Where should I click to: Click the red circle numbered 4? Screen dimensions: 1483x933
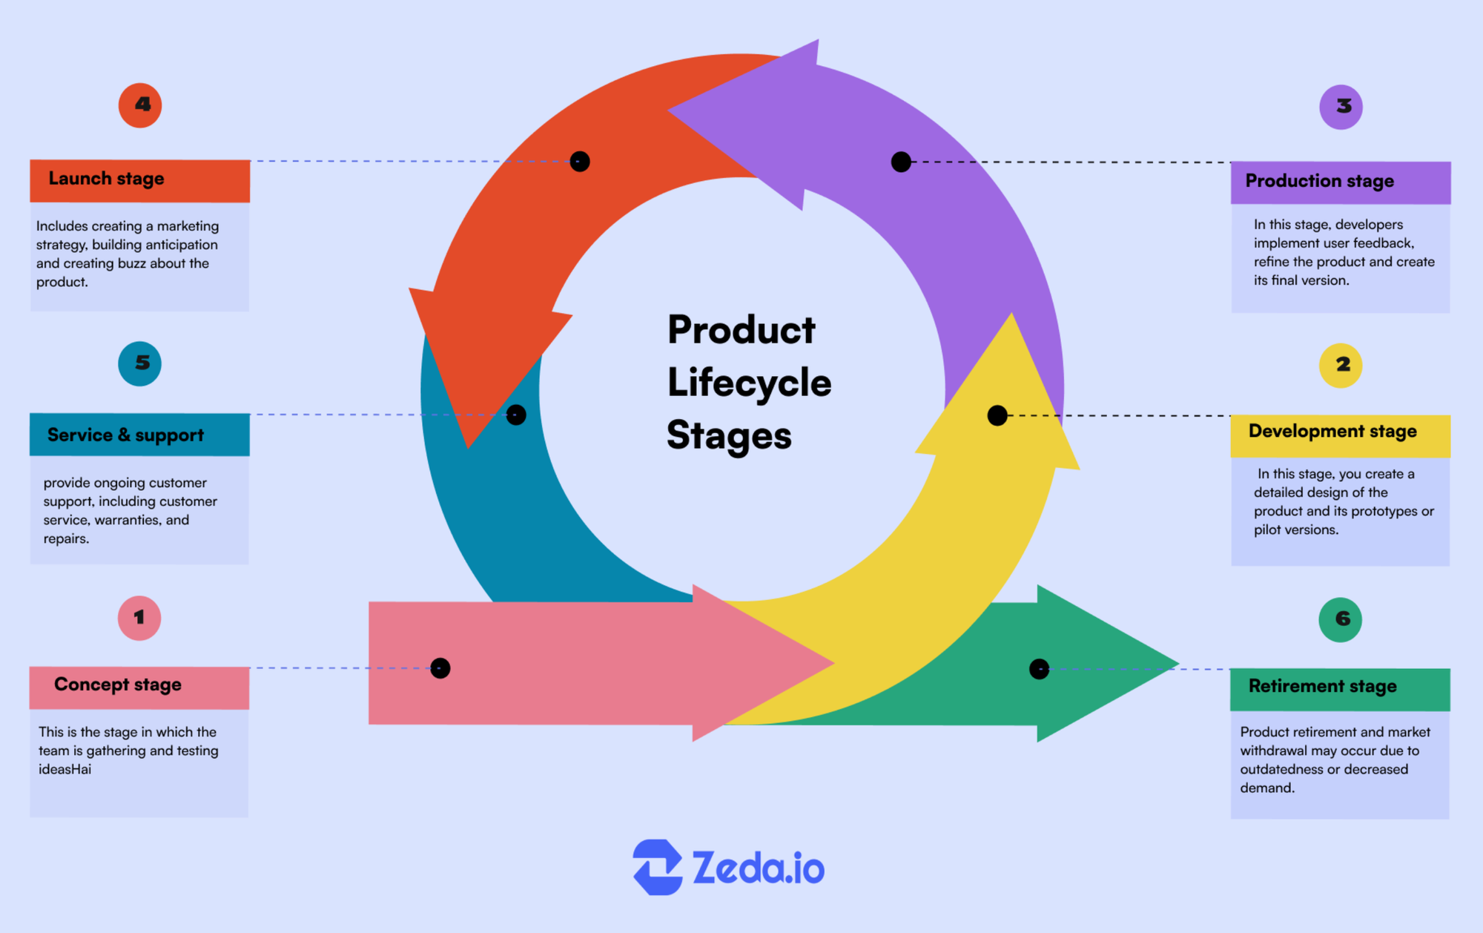click(140, 105)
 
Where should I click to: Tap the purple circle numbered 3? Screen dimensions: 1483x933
click(1341, 107)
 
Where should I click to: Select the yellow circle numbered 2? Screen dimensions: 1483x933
click(1341, 365)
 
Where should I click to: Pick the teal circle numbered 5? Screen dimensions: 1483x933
click(140, 363)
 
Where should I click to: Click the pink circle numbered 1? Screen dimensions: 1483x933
click(139, 618)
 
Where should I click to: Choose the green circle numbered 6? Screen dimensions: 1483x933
click(1341, 619)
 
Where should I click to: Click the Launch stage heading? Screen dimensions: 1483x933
click(107, 179)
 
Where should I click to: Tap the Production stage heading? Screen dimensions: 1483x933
click(1320, 182)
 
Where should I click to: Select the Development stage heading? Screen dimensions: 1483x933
click(1332, 432)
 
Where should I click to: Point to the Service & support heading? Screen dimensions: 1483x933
click(125, 435)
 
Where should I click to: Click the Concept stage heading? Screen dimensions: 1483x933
click(118, 685)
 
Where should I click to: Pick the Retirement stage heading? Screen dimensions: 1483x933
click(1323, 687)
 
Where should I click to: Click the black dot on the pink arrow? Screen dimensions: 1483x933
click(440, 668)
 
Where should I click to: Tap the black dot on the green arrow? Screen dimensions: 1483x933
click(1040, 669)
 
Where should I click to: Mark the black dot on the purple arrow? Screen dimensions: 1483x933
click(901, 162)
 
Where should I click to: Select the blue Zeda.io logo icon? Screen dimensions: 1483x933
click(658, 867)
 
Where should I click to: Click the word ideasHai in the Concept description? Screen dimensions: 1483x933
click(65, 770)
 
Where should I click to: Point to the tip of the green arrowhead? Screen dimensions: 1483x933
click(1178, 663)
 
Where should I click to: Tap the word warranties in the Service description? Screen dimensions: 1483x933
click(128, 521)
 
